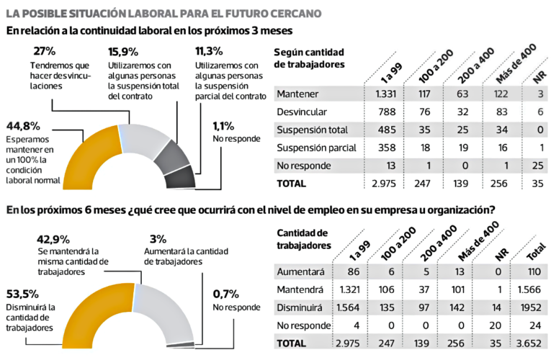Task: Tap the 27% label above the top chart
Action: (x=45, y=52)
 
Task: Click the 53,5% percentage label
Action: (x=23, y=294)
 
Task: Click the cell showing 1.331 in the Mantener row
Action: (x=386, y=94)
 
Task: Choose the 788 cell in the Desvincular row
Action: (x=386, y=112)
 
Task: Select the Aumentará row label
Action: (x=301, y=273)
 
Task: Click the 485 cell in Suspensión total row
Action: (x=386, y=130)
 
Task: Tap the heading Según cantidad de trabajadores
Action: (x=310, y=58)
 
